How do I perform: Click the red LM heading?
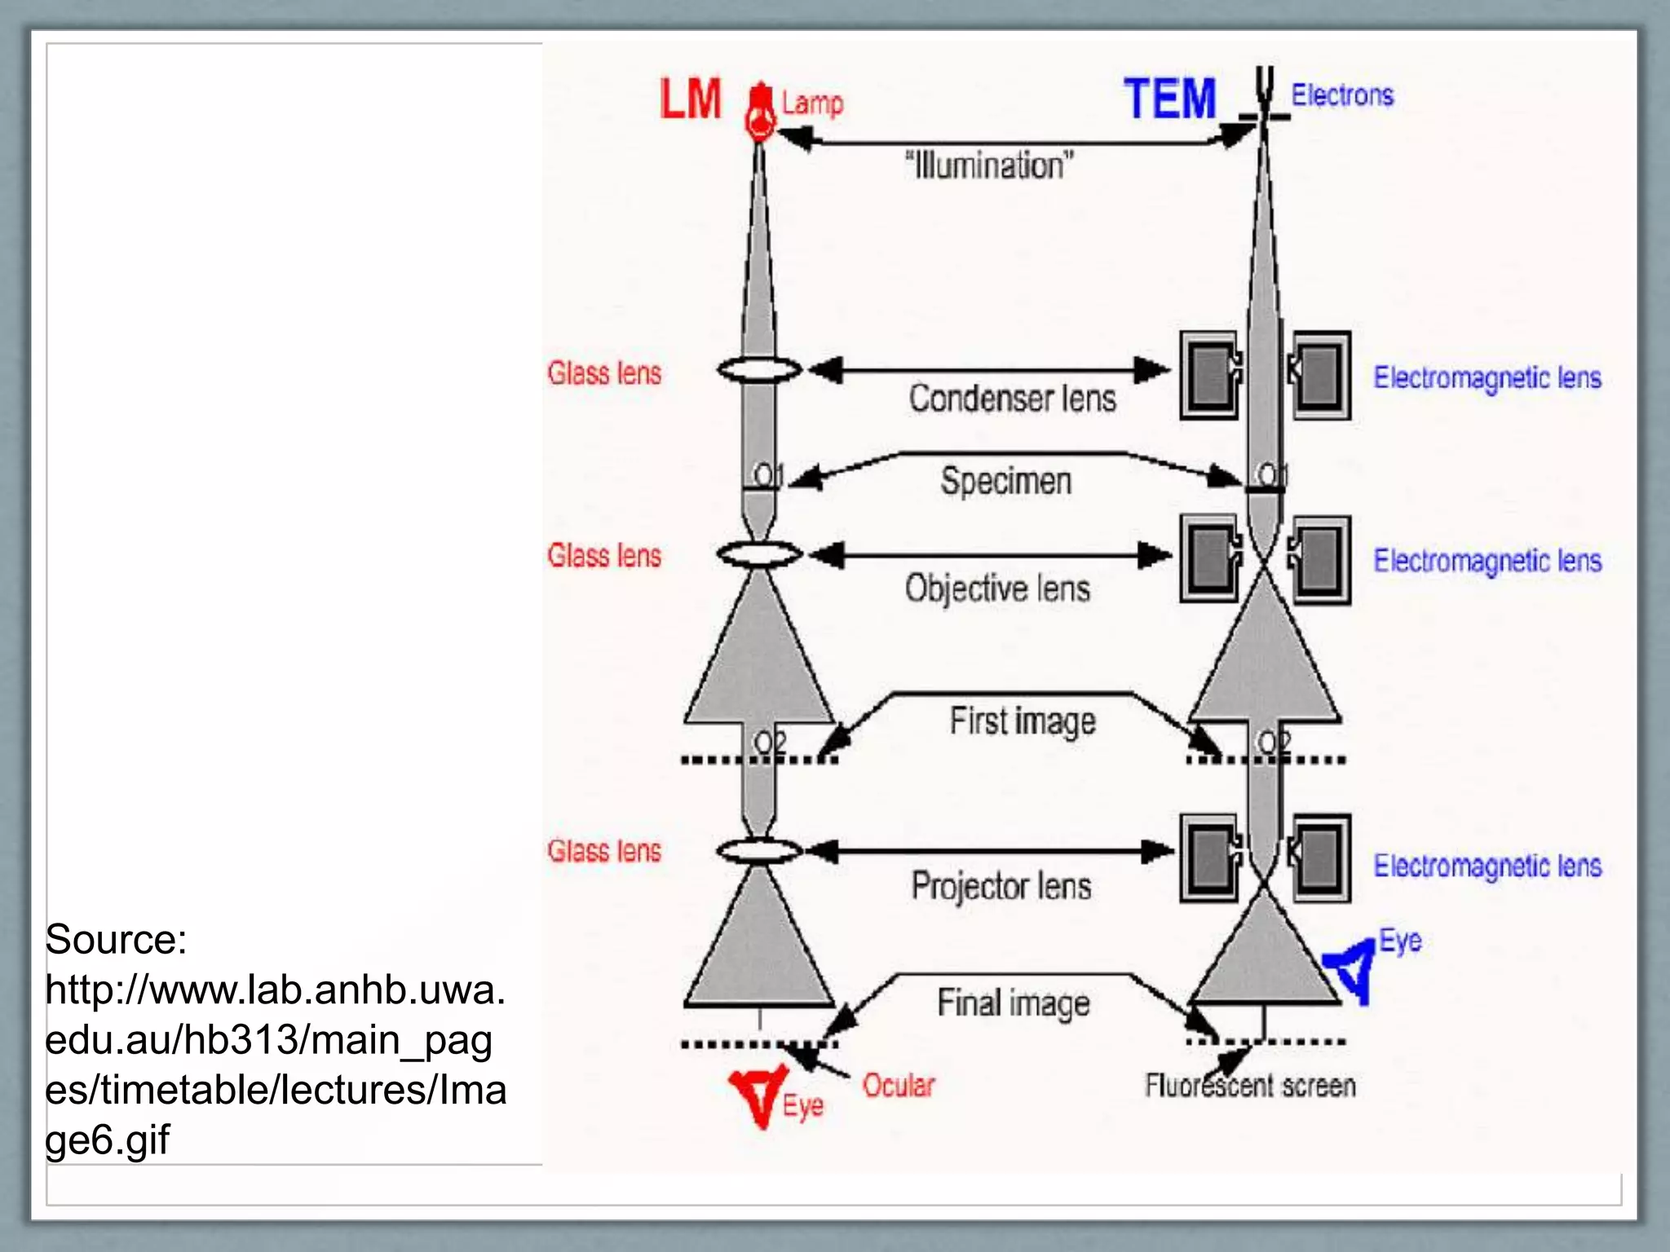[x=691, y=99]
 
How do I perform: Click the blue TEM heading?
[x=1169, y=99]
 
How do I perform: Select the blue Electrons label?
[x=1342, y=95]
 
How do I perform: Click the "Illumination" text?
[x=989, y=165]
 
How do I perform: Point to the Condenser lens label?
[x=1012, y=399]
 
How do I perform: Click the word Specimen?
[x=1005, y=480]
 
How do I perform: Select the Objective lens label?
[x=997, y=588]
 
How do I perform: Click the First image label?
[x=1023, y=721]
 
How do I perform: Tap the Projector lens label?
[x=1001, y=886]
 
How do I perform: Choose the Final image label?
[x=1014, y=1003]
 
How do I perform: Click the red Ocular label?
[x=899, y=1086]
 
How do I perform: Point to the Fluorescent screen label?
[x=1250, y=1086]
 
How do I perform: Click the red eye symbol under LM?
[x=758, y=1095]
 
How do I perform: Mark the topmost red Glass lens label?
[x=604, y=373]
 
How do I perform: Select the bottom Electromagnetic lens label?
[x=1487, y=866]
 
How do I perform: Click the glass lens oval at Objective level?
[x=759, y=555]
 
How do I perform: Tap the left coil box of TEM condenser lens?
[x=1209, y=376]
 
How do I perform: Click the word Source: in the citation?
[x=116, y=940]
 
